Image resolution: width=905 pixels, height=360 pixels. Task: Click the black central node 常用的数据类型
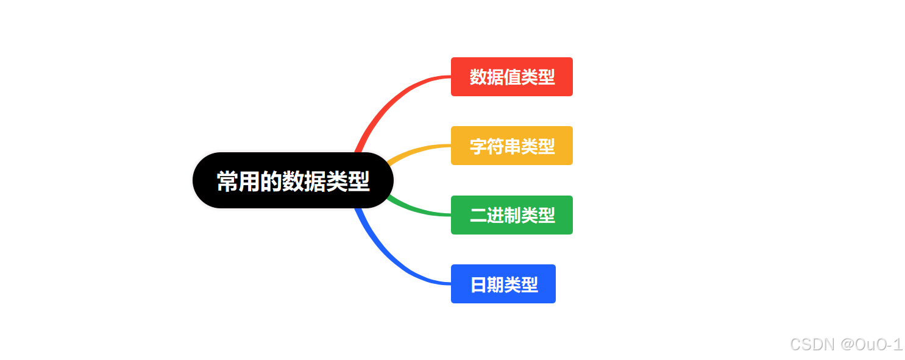click(x=293, y=180)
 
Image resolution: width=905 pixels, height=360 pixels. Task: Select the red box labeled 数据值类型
click(x=511, y=77)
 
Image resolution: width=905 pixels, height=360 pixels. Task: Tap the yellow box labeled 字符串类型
click(x=511, y=146)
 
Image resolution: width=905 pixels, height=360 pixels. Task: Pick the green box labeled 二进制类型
click(x=511, y=215)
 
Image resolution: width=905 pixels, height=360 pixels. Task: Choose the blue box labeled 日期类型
click(x=503, y=284)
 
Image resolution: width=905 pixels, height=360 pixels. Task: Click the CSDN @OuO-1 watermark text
click(x=846, y=344)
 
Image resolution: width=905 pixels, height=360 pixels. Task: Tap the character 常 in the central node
click(x=227, y=182)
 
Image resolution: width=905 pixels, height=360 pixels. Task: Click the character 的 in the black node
click(x=271, y=182)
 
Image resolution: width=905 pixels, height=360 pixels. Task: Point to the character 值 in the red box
click(x=512, y=77)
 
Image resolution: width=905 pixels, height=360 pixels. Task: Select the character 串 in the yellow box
click(x=512, y=146)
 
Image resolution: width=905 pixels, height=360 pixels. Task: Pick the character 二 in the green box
click(x=478, y=216)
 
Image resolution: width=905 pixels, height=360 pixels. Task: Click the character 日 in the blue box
click(x=478, y=284)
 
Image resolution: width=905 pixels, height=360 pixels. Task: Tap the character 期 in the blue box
click(x=495, y=284)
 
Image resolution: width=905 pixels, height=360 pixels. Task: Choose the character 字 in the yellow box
click(x=478, y=146)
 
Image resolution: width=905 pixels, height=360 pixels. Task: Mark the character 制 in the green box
click(x=512, y=216)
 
